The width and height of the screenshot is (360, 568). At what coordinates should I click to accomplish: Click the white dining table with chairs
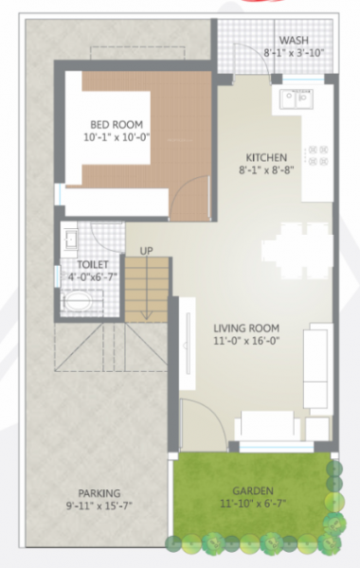296,245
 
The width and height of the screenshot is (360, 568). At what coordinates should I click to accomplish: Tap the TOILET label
78,265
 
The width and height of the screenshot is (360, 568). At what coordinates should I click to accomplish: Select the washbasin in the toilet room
69,237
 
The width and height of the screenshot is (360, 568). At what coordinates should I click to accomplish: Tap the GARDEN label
254,490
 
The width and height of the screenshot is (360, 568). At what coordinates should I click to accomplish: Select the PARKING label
99,493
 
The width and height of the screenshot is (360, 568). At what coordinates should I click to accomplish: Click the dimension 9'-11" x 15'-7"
99,506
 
